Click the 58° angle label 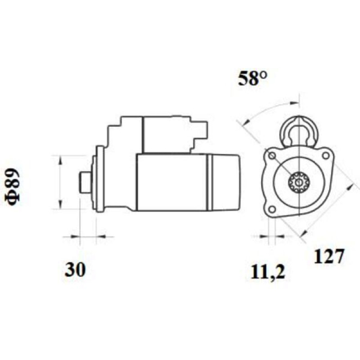[x=252, y=78]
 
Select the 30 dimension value [x=75, y=270]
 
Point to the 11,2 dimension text [x=268, y=273]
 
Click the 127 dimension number [x=329, y=256]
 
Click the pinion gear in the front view [x=299, y=183]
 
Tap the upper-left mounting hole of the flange [x=272, y=156]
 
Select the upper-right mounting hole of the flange [x=325, y=155]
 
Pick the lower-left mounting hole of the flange [x=272, y=209]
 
